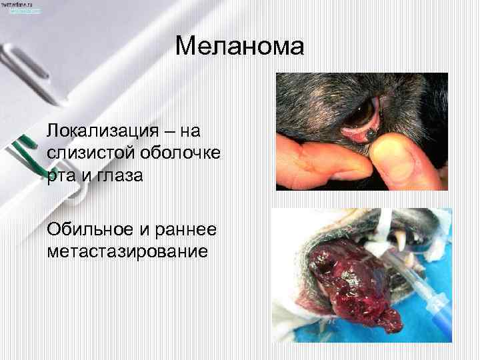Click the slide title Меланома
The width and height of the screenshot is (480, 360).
click(240, 47)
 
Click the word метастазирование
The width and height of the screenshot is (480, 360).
click(127, 252)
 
